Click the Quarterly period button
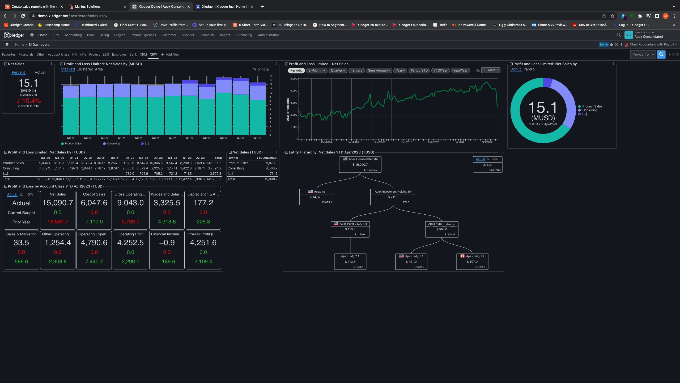338,70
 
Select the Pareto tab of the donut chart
529,69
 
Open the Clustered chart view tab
85,69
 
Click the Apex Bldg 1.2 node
472,261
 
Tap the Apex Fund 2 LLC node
350,229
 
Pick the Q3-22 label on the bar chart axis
224,138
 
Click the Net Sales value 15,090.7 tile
58,203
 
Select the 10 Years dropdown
491,70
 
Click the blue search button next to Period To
661,55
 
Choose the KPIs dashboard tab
83,55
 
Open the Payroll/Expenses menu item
143,35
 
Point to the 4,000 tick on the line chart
294,91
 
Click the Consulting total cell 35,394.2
214,168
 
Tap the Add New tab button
170,55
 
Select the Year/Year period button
460,70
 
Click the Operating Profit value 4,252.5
130,243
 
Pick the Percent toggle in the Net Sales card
18,72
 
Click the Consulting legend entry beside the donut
590,110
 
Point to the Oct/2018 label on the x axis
407,142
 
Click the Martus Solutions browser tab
88,7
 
